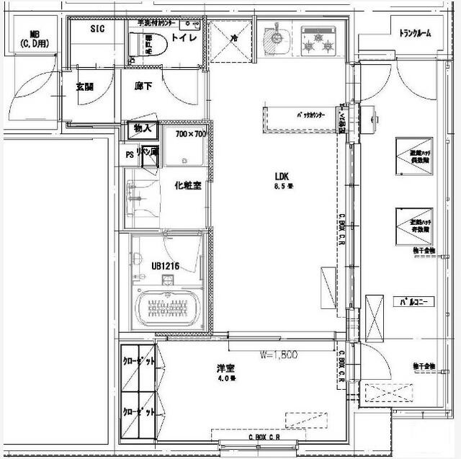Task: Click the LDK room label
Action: [281, 175]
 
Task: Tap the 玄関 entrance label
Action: [85, 87]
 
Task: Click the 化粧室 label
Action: [187, 185]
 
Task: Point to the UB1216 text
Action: [165, 266]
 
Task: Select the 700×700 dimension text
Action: [191, 134]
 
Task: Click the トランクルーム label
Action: [416, 32]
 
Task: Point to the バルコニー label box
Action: [413, 302]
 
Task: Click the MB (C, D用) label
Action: [34, 39]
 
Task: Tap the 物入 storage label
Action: [142, 129]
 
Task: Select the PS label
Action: [130, 153]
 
